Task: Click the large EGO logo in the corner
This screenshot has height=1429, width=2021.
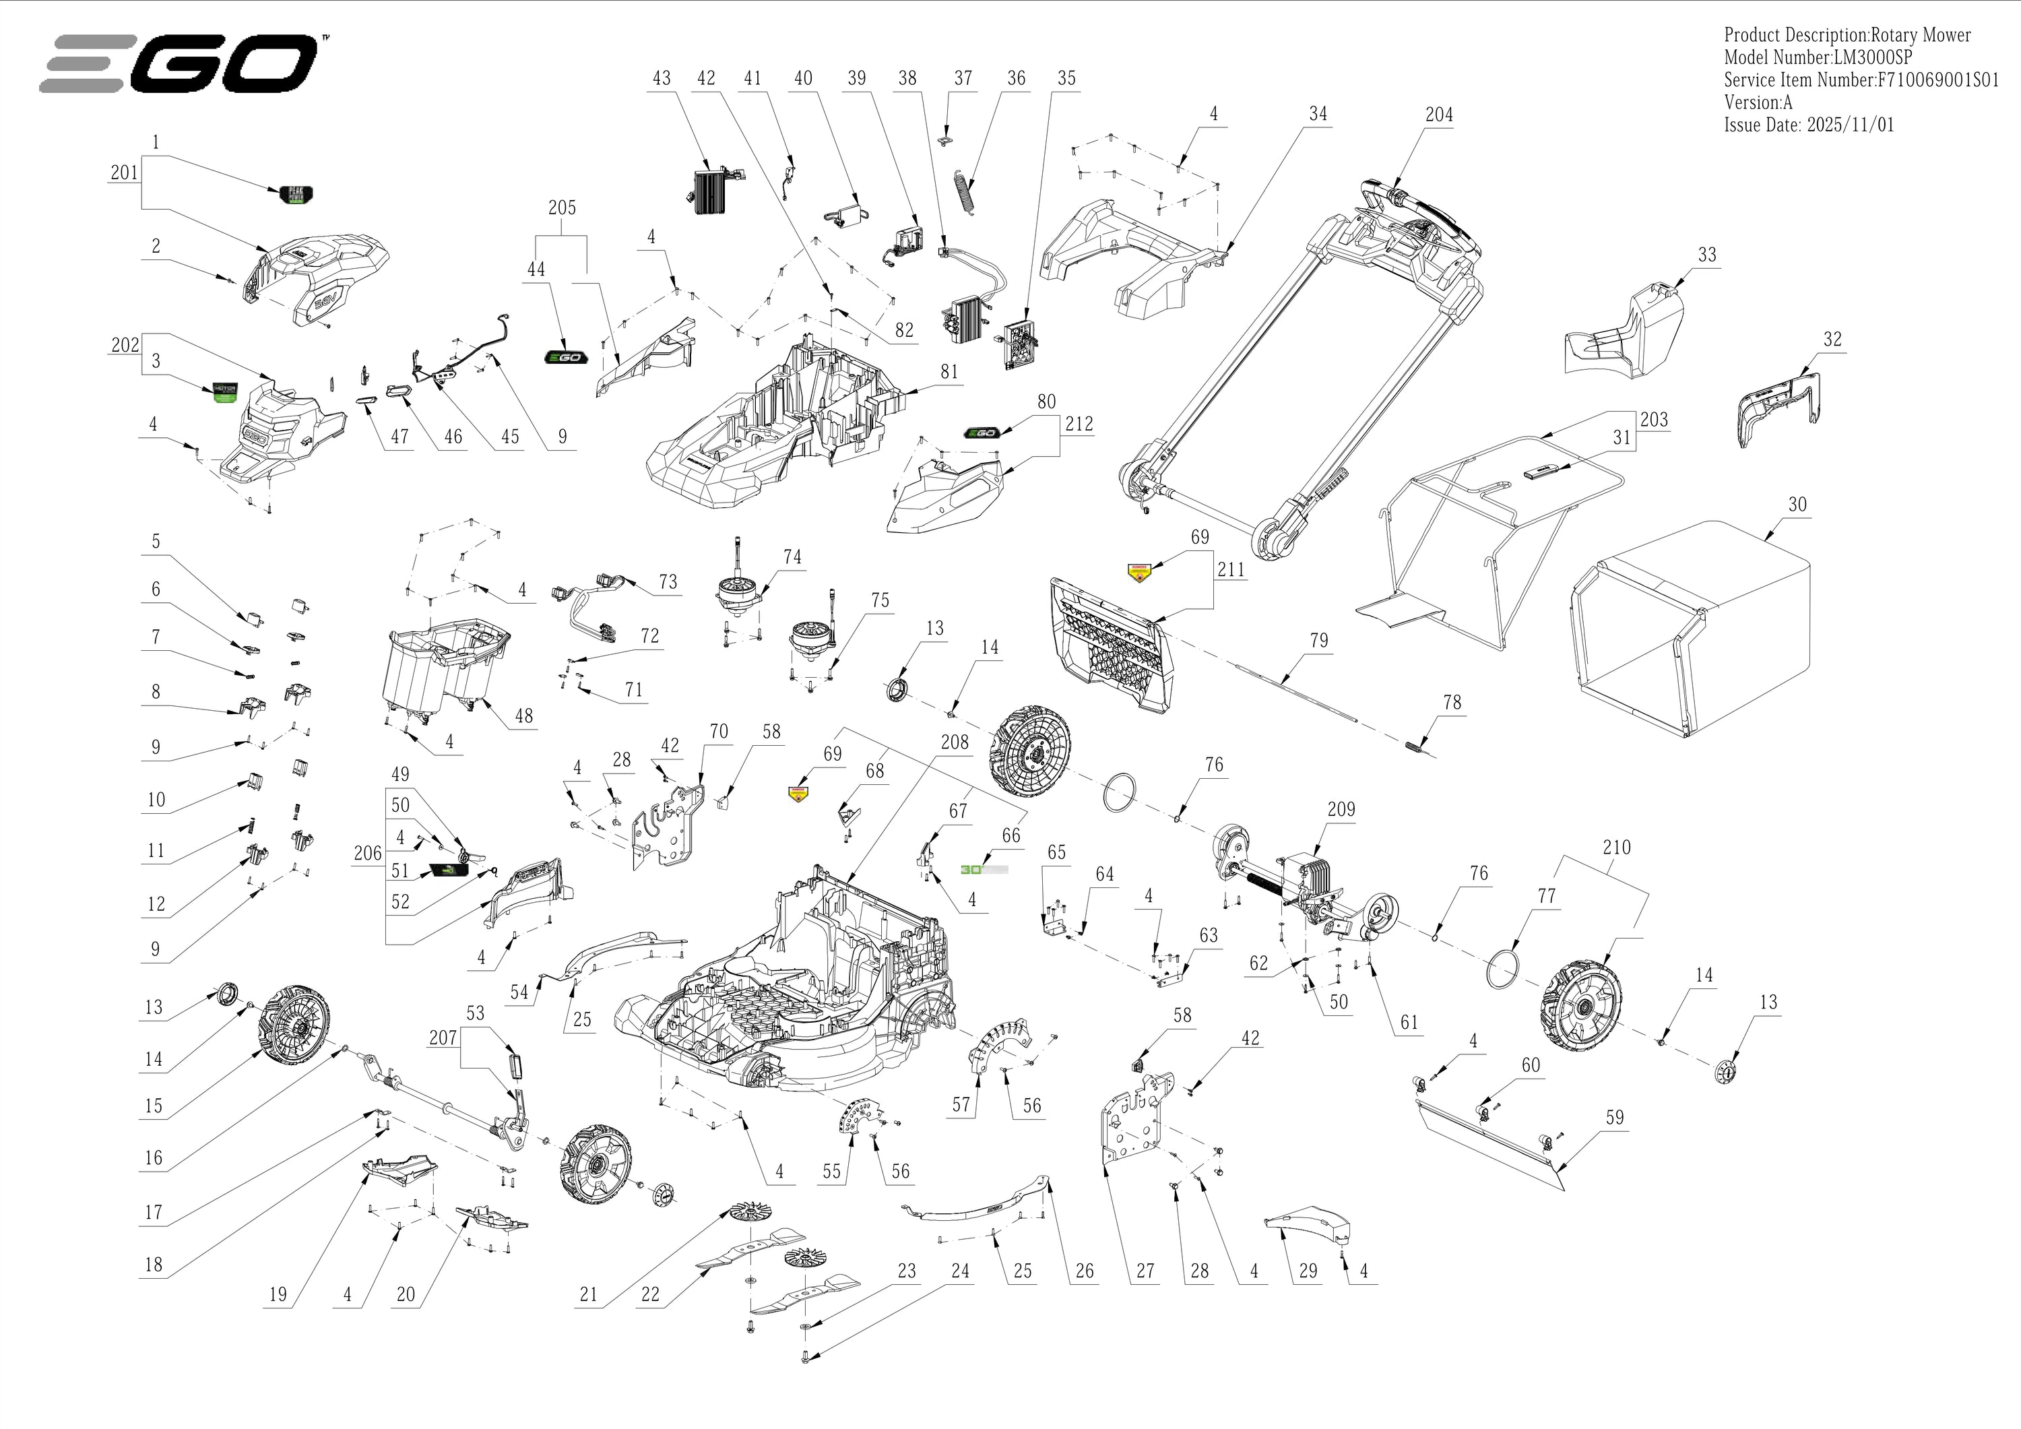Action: pos(181,63)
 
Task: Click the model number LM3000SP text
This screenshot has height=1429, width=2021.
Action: pos(1818,58)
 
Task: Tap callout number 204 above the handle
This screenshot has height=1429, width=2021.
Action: pos(1438,115)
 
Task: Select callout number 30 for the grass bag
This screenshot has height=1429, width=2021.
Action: pos(1797,505)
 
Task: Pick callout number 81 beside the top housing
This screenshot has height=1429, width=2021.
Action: pos(949,371)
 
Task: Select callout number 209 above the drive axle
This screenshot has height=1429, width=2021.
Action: pos(1341,809)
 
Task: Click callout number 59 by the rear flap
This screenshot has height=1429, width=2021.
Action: pos(1614,1117)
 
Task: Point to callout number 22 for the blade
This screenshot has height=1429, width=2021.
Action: pos(649,1295)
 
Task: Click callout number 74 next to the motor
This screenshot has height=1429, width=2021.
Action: pos(792,557)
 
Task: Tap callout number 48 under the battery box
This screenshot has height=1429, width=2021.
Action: pos(523,716)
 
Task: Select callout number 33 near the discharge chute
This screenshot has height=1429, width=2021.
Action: pos(1707,255)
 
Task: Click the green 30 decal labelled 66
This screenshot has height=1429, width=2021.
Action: pos(984,869)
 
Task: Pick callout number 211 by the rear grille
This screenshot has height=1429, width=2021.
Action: pos(1231,570)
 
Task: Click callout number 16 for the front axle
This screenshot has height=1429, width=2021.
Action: pos(154,1157)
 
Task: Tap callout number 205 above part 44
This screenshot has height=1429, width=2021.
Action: pos(562,208)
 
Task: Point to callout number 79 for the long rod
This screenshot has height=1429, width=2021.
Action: pos(1318,640)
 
